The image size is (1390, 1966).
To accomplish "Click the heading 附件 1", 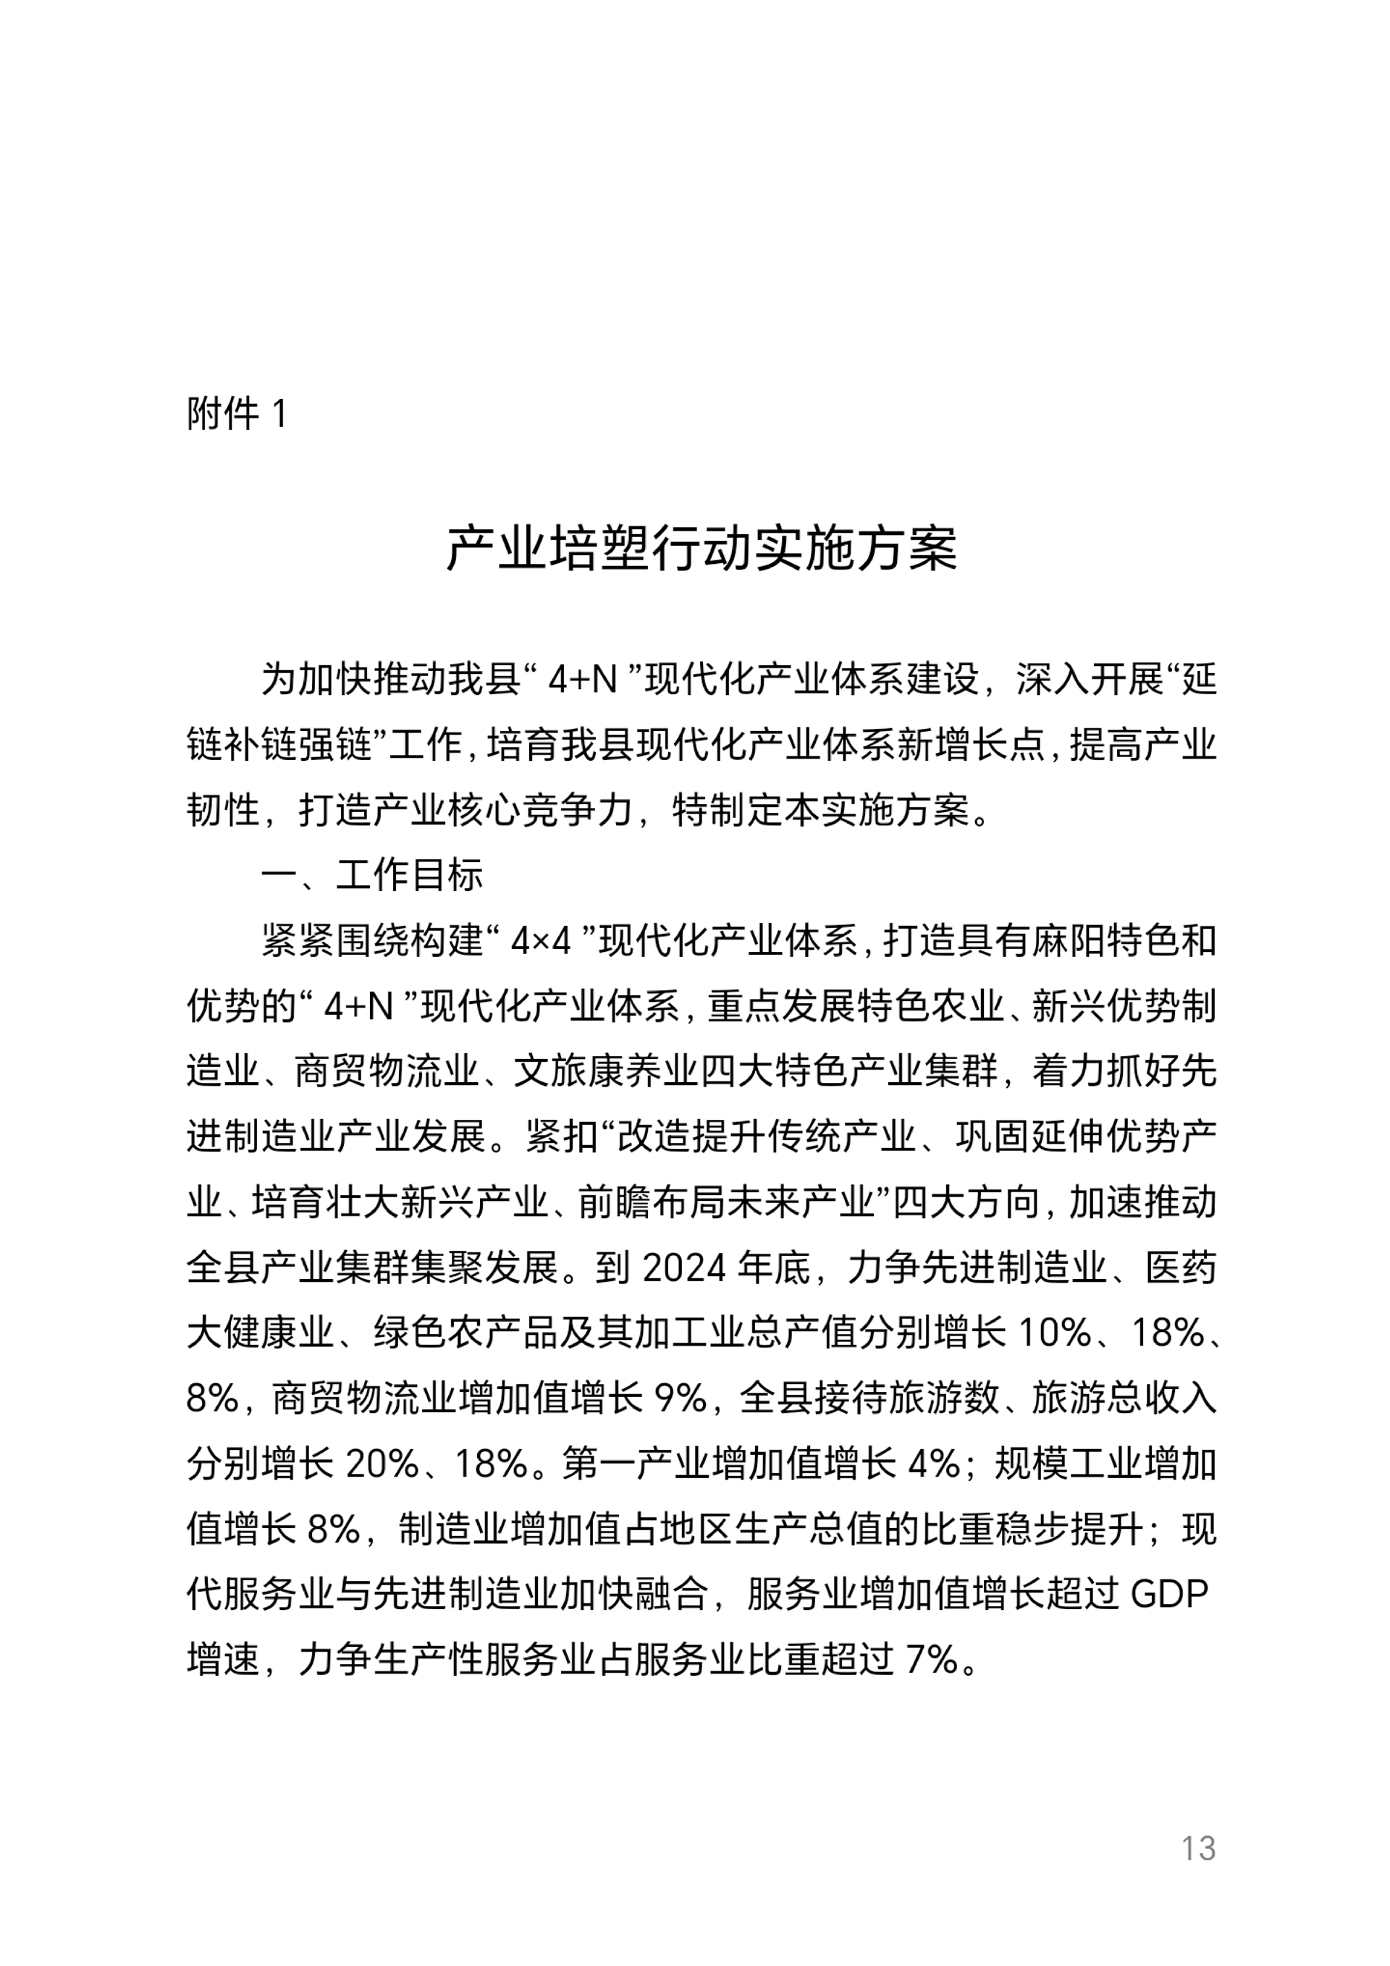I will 237,415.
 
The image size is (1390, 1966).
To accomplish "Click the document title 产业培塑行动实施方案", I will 701,548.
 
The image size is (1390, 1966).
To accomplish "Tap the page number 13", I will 1198,1849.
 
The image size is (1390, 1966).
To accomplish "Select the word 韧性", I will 223,810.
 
